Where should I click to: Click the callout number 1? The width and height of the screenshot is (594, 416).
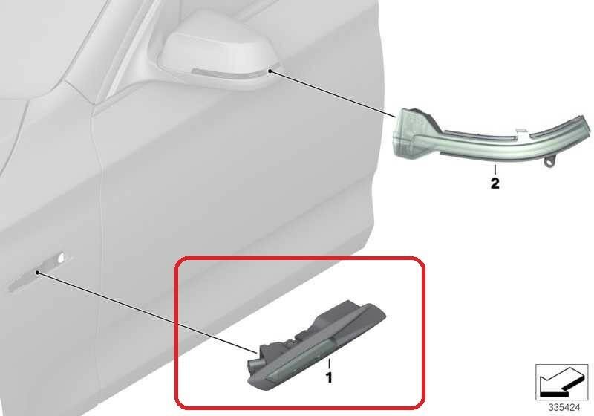(329, 377)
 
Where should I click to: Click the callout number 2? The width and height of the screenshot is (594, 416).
(495, 183)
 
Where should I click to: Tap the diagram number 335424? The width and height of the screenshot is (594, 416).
(564, 407)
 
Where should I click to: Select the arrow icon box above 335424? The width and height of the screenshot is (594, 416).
(561, 382)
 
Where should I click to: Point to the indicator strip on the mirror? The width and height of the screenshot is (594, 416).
(227, 74)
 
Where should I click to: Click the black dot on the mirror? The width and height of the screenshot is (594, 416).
(270, 71)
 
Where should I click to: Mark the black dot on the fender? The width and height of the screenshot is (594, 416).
(37, 273)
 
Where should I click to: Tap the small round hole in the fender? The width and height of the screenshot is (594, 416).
(61, 259)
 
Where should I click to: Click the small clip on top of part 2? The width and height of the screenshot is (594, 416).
(522, 131)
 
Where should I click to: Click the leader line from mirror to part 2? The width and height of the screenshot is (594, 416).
(333, 94)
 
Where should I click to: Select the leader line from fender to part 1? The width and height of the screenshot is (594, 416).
(148, 313)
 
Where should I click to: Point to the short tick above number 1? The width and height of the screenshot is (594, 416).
(329, 364)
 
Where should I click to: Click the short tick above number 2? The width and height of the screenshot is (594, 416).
(495, 169)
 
